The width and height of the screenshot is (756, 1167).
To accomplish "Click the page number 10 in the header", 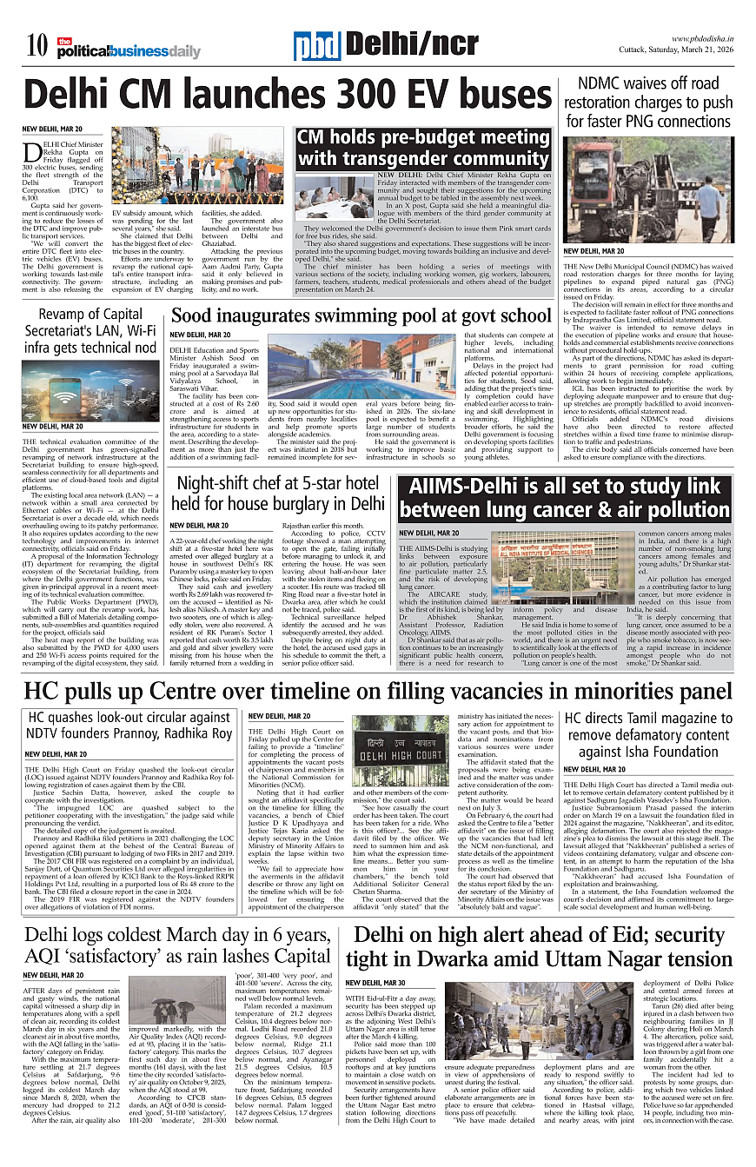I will click(x=36, y=43).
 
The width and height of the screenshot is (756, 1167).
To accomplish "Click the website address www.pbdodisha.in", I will click(x=702, y=39).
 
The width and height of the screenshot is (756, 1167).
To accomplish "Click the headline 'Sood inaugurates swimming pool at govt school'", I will click(x=361, y=315).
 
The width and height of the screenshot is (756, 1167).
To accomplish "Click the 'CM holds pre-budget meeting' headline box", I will click(x=423, y=149).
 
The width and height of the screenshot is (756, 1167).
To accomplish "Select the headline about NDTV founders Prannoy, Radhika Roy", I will click(x=130, y=726).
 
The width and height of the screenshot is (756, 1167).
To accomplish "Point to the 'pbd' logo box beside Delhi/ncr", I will click(x=316, y=45).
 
